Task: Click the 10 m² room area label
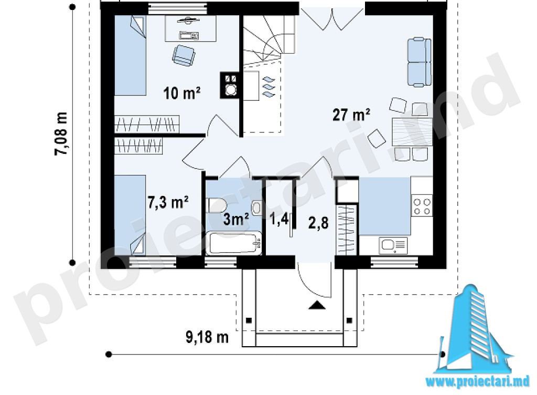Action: pyautogui.click(x=181, y=93)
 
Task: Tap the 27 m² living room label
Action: pyautogui.click(x=351, y=115)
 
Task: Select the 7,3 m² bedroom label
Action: pyautogui.click(x=168, y=202)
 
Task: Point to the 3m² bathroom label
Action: pyautogui.click(x=236, y=219)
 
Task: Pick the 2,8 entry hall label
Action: pyautogui.click(x=318, y=223)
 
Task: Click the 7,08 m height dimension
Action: pyautogui.click(x=61, y=133)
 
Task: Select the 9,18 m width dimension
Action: pyautogui.click(x=207, y=337)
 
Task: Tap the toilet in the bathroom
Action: pyautogui.click(x=217, y=205)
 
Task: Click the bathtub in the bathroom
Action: pyautogui.click(x=234, y=243)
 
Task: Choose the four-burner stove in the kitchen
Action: pyautogui.click(x=422, y=206)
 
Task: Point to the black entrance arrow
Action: pyautogui.click(x=317, y=305)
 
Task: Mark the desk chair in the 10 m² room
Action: pyautogui.click(x=184, y=56)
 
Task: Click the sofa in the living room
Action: pyautogui.click(x=419, y=62)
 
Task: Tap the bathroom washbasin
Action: pyautogui.click(x=256, y=208)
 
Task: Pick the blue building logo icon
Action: pyautogui.click(x=474, y=329)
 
